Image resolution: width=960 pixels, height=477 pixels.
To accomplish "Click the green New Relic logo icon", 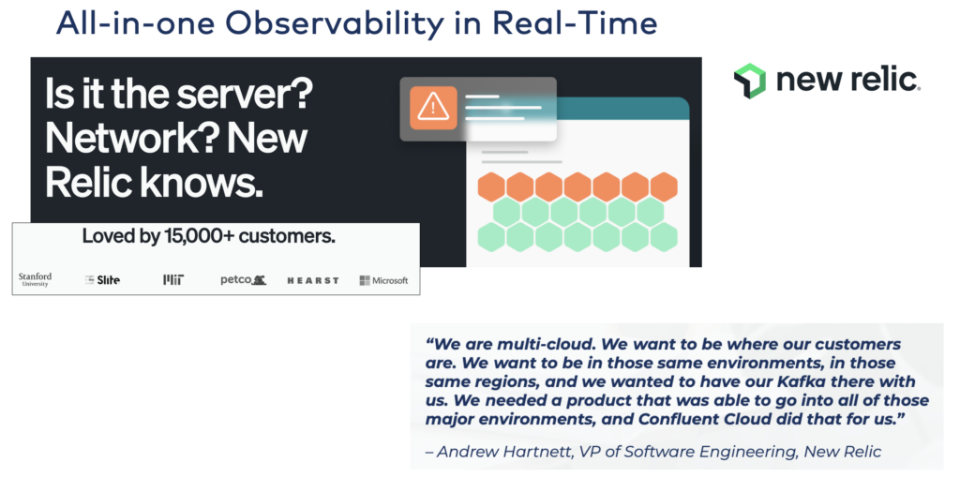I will click(x=750, y=82).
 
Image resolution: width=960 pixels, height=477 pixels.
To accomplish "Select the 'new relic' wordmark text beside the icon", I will click(x=847, y=81).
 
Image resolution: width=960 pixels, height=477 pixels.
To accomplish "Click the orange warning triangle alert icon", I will click(x=432, y=107).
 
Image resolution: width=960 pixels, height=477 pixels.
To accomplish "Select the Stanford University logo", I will click(x=35, y=279).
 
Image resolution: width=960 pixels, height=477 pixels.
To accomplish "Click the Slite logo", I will click(x=103, y=279).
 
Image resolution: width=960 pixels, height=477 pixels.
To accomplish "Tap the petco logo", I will click(x=243, y=279).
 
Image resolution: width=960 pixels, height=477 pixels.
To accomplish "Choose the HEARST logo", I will click(x=312, y=279).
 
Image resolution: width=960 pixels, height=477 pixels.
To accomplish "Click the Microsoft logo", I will click(x=383, y=280).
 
